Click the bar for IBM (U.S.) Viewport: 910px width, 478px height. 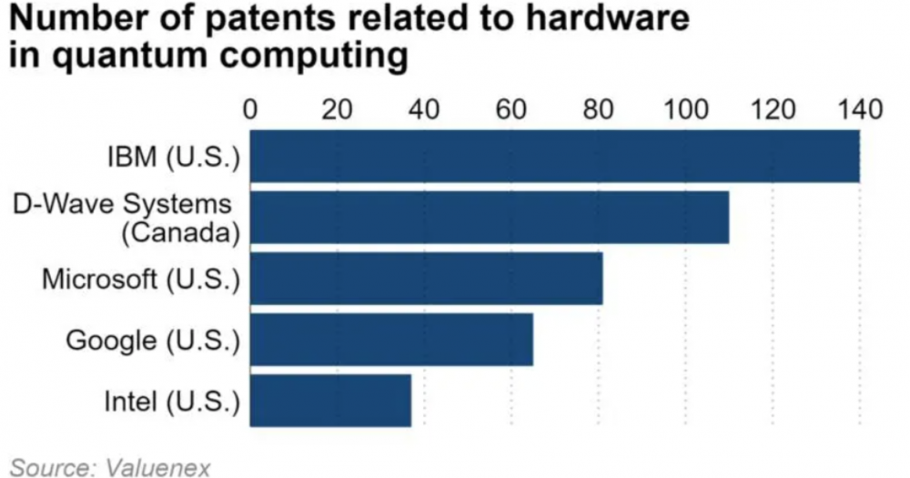tap(554, 157)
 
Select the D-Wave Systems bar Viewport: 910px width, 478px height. tap(489, 218)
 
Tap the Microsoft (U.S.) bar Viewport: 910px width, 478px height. tap(426, 279)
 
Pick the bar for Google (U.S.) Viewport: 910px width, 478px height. tap(391, 340)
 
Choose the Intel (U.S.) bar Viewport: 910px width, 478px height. tap(330, 401)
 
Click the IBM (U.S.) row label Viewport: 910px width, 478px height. tap(171, 158)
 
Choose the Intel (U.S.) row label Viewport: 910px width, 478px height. tap(170, 402)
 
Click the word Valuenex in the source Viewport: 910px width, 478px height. tap(158, 468)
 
